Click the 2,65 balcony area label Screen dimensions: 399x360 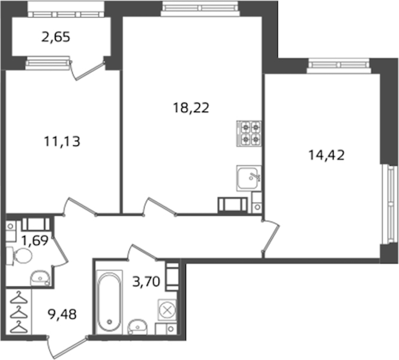click(55, 37)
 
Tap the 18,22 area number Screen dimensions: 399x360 click(191, 108)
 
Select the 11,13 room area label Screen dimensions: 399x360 click(62, 142)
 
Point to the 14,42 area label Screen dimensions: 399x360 click(326, 155)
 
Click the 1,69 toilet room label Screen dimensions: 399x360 click(35, 241)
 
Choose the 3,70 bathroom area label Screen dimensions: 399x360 click(146, 282)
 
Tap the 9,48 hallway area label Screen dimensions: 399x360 click(62, 314)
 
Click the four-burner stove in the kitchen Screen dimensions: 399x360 click(249, 134)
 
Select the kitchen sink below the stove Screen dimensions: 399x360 click(249, 178)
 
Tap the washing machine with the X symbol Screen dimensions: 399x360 click(167, 310)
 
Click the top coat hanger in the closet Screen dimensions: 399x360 click(19, 298)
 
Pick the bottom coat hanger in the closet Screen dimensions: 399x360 click(19, 327)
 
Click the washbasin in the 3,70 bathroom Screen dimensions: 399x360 click(137, 326)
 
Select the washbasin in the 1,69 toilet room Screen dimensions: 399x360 click(40, 278)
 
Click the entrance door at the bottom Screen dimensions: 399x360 click(67, 347)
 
